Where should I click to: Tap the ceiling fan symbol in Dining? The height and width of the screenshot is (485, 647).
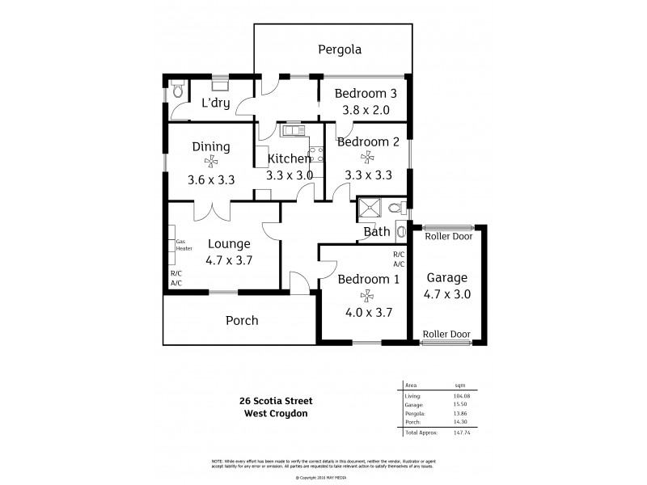211,162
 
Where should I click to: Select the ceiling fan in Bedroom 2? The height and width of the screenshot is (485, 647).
368,158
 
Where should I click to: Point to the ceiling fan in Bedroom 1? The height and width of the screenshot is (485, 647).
368,296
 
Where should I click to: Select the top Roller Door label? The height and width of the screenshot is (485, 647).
446,238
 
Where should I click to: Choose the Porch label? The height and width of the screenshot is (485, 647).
242,321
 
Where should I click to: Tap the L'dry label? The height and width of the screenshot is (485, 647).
216,103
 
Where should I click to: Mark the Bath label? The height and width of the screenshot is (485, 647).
377,232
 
